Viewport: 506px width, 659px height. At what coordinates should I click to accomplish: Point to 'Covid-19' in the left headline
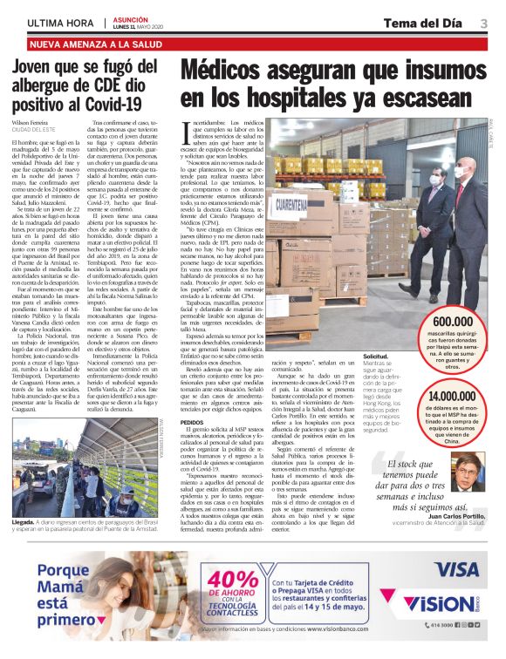[x=121, y=104]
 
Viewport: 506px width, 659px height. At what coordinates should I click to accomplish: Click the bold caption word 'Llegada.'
[x=24, y=522]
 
